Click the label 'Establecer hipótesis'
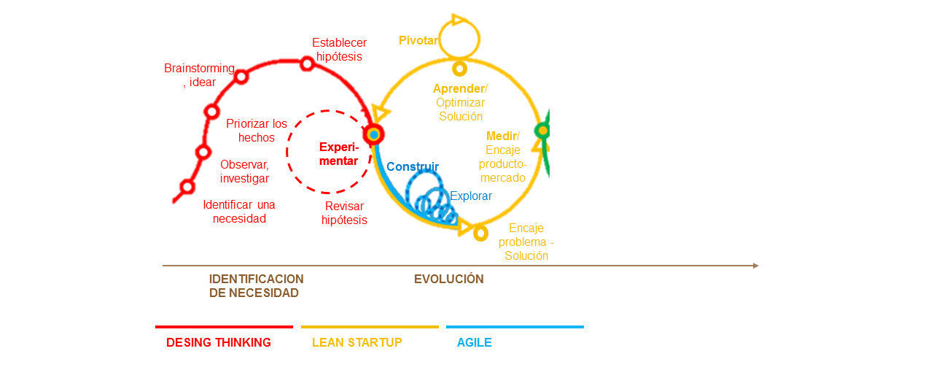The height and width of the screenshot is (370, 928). (x=339, y=50)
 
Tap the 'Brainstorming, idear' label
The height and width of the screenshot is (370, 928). (x=199, y=75)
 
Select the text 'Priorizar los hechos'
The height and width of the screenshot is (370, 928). (x=257, y=131)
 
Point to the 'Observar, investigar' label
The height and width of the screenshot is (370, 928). (x=244, y=171)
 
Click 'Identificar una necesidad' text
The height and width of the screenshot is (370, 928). (x=239, y=212)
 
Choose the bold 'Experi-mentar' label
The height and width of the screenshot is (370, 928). (x=339, y=154)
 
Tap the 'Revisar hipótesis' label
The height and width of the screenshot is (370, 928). (x=344, y=213)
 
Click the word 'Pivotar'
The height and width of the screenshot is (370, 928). (x=418, y=41)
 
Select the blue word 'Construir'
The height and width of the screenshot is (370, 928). (x=413, y=166)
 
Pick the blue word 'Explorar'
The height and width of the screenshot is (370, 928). (x=470, y=196)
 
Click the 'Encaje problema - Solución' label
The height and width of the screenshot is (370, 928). (x=526, y=242)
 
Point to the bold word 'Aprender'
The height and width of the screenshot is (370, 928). (x=459, y=89)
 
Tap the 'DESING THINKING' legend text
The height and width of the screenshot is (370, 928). (x=219, y=342)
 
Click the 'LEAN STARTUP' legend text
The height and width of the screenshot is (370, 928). (x=357, y=342)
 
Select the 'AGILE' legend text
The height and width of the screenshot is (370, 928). (x=475, y=342)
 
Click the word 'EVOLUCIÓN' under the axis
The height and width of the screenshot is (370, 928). (x=449, y=279)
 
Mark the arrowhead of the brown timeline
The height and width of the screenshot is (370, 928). (x=755, y=266)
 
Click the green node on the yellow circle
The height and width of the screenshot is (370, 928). (x=542, y=131)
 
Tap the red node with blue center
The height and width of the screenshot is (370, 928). (x=373, y=134)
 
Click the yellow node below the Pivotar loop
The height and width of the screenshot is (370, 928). (x=459, y=69)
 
